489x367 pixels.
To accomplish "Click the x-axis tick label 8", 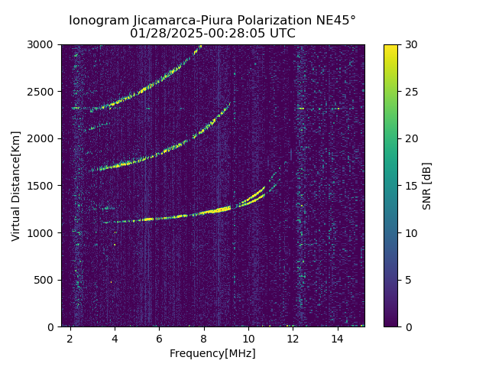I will (x=204, y=338).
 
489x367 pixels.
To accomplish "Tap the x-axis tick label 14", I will (x=337, y=338).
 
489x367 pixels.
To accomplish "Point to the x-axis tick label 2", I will (x=70, y=338).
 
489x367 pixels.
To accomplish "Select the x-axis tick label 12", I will (x=293, y=338).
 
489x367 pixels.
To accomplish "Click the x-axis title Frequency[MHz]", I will (x=212, y=353).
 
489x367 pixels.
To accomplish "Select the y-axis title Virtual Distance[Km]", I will (x=16, y=186).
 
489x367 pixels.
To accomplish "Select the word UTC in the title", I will (x=280, y=34).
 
